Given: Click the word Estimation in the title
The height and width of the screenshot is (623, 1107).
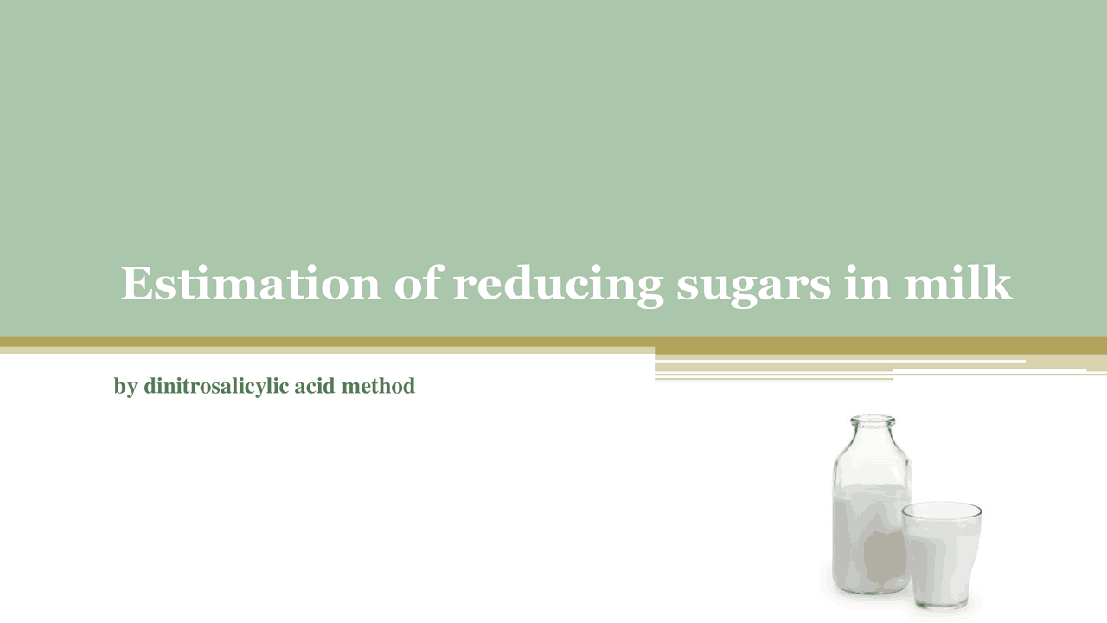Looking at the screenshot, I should [250, 284].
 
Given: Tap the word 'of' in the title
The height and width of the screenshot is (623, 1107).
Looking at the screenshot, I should [417, 284].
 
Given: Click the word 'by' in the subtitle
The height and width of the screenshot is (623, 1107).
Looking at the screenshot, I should [125, 387].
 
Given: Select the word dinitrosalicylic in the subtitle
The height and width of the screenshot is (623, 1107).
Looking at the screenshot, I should [216, 387].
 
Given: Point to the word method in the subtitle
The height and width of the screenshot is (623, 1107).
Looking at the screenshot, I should [382, 386].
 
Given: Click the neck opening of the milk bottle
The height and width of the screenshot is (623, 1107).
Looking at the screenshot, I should [873, 421].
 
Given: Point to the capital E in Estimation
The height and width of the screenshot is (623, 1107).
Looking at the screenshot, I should [138, 284].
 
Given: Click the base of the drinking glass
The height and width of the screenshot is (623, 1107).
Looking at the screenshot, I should [941, 603].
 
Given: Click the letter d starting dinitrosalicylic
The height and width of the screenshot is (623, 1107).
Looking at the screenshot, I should [150, 386].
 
